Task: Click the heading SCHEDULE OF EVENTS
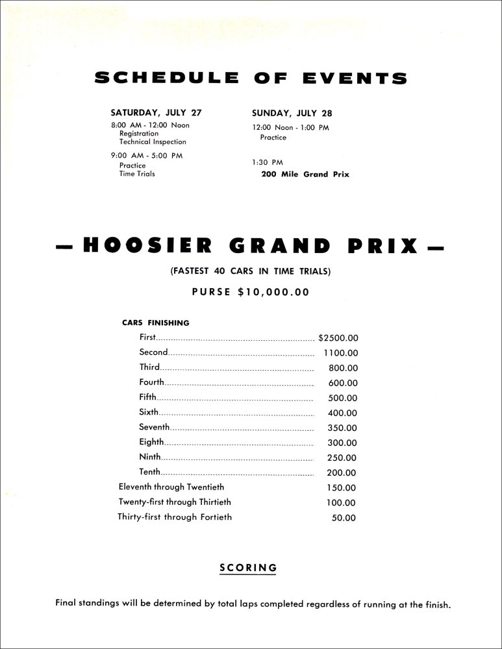click(x=251, y=79)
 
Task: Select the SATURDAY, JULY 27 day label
click(x=156, y=112)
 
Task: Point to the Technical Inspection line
click(x=153, y=141)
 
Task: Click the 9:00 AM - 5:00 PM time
click(x=146, y=155)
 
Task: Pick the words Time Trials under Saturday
click(x=137, y=174)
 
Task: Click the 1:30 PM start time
click(x=267, y=162)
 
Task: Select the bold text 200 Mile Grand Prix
click(x=305, y=174)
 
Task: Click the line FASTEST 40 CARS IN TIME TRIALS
click(x=251, y=273)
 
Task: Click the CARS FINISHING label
click(x=156, y=323)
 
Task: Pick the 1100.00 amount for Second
click(x=340, y=353)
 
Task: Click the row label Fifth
click(x=147, y=397)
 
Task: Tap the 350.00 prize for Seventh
click(x=342, y=428)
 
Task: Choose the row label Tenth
click(x=149, y=472)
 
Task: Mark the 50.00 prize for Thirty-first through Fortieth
click(x=344, y=518)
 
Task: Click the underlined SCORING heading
click(x=248, y=568)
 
